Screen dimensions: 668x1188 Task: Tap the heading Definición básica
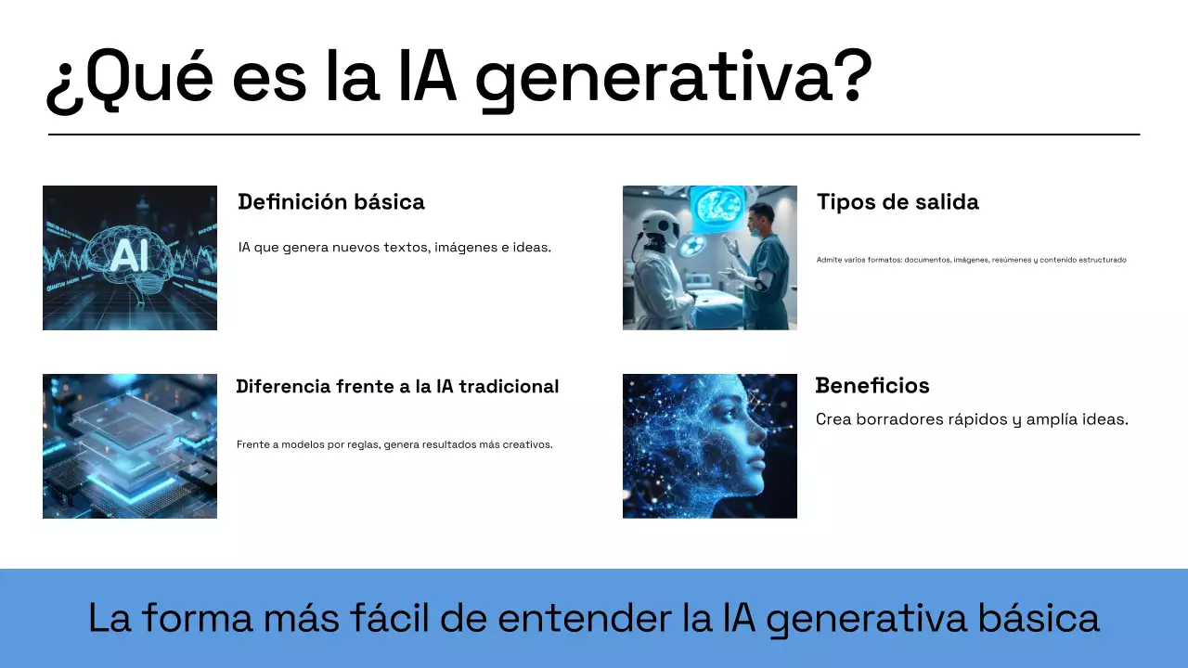[x=331, y=202]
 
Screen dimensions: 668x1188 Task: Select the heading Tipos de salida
[x=897, y=202]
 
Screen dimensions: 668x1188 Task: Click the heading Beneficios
[x=872, y=386]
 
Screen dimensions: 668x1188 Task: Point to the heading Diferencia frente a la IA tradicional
[x=397, y=387]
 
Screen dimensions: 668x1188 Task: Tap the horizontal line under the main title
[x=594, y=135]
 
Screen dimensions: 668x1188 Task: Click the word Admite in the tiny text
[x=829, y=260]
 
